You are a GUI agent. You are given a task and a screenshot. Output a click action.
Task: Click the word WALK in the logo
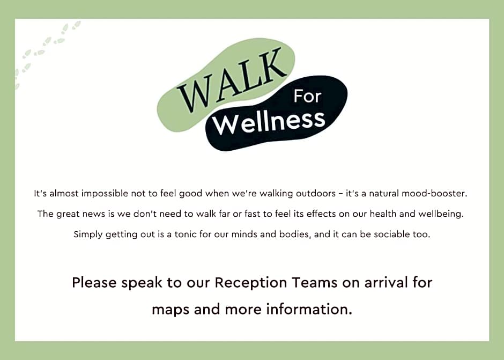[232, 80]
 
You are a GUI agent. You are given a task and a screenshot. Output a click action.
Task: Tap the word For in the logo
[307, 97]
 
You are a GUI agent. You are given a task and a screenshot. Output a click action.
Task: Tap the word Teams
[315, 283]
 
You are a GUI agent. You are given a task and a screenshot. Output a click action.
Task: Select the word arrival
[386, 282]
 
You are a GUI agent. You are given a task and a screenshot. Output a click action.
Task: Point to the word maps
[171, 310]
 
